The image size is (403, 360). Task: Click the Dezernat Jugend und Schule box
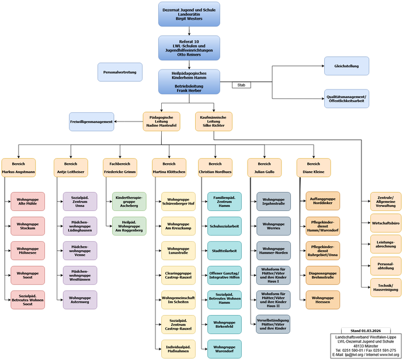pyautogui.click(x=189, y=14)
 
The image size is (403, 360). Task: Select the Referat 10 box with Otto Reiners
pyautogui.click(x=189, y=48)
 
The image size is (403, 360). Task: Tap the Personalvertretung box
pyautogui.click(x=119, y=72)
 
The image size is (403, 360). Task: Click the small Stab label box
pyautogui.click(x=241, y=85)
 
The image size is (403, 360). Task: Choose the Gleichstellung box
pyautogui.click(x=346, y=66)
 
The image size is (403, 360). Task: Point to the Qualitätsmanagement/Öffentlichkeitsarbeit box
pyautogui.click(x=346, y=98)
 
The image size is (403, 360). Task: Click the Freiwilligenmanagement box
pyautogui.click(x=91, y=122)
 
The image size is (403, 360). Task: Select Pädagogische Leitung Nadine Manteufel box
pyautogui.click(x=161, y=122)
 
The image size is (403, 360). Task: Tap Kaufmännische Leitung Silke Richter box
pyautogui.click(x=213, y=122)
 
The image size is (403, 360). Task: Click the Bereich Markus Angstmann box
pyautogui.click(x=18, y=168)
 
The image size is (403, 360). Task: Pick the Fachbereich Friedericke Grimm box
pyautogui.click(x=120, y=168)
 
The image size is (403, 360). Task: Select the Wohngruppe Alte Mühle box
pyautogui.click(x=27, y=202)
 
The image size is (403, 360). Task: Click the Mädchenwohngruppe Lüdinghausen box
pyautogui.click(x=80, y=226)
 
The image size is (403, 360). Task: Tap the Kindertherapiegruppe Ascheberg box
pyautogui.click(x=129, y=202)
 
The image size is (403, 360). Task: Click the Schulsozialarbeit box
pyautogui.click(x=225, y=226)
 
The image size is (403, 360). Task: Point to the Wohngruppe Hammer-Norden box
pyautogui.click(x=273, y=251)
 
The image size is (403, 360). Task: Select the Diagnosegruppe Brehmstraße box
pyautogui.click(x=322, y=275)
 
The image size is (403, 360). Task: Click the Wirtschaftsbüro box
pyautogui.click(x=385, y=223)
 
